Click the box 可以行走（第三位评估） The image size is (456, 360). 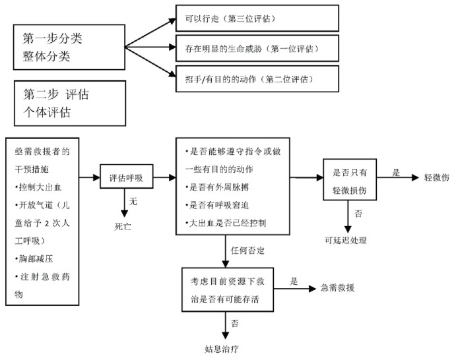(257, 18)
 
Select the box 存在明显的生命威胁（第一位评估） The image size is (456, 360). (257, 49)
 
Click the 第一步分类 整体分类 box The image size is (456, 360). (69, 47)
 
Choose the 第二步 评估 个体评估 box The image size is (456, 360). (69, 103)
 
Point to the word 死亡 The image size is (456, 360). (124, 225)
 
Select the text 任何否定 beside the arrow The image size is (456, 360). (248, 251)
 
